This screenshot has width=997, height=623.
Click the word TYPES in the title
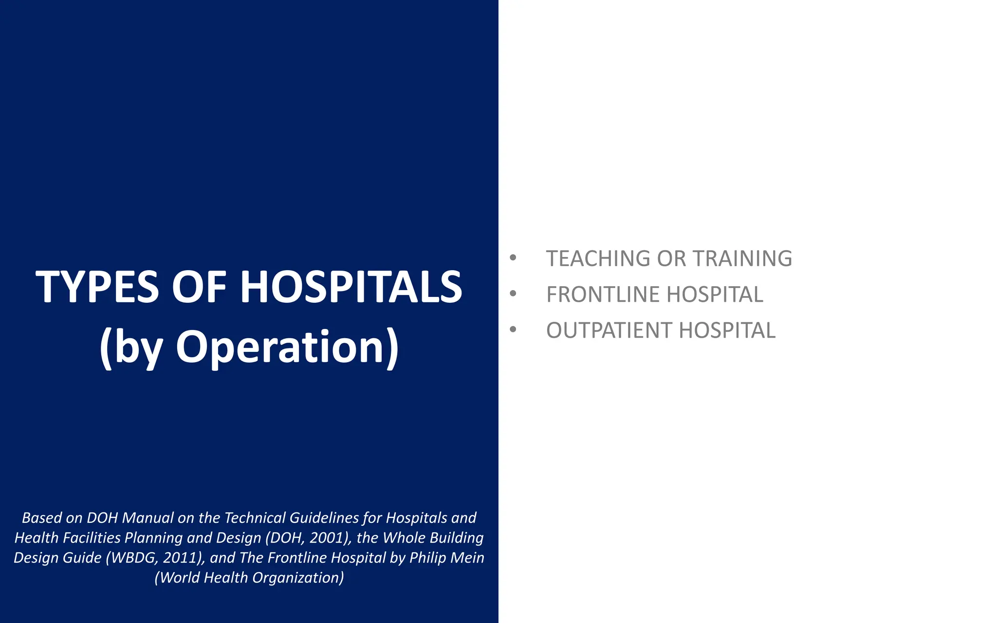point(97,287)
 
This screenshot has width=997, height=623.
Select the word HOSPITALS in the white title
point(351,287)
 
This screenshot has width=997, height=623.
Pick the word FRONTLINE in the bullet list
point(603,294)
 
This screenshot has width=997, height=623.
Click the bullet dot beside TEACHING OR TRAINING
point(513,257)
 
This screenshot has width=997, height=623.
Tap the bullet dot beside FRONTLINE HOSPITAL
point(513,293)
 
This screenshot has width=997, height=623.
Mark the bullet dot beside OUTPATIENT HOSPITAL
point(513,330)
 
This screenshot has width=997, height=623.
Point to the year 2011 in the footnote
point(181,558)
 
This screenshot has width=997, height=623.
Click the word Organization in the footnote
point(298,578)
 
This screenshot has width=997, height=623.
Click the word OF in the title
point(199,287)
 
